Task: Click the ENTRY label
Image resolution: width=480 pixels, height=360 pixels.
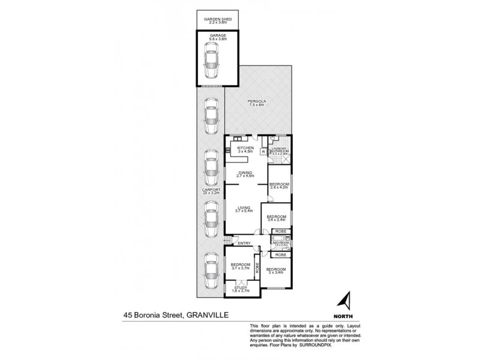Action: pyautogui.click(x=244, y=243)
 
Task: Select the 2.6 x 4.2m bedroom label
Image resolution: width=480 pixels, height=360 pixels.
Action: pyautogui.click(x=280, y=185)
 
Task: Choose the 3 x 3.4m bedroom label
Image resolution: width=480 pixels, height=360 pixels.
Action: pyautogui.click(x=275, y=271)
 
